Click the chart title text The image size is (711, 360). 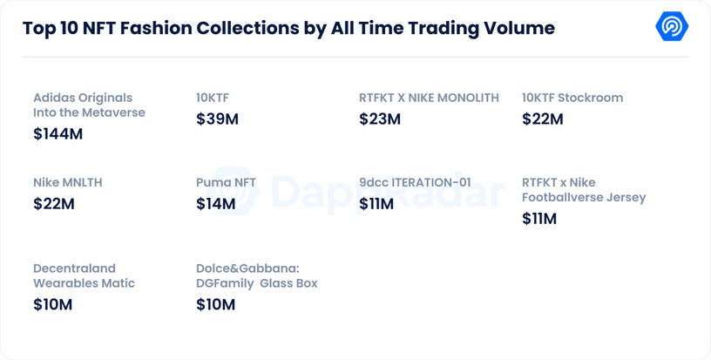point(288,28)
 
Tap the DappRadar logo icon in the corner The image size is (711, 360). point(672,27)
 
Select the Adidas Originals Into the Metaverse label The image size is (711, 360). point(89,105)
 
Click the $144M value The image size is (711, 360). point(58,133)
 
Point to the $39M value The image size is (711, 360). point(217,119)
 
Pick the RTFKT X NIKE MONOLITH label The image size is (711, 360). point(429,98)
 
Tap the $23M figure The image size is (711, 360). point(380,119)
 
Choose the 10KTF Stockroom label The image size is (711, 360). point(572,98)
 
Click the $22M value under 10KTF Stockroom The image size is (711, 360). point(542,119)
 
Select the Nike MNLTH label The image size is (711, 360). point(74,183)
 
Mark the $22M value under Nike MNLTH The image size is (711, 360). point(54,204)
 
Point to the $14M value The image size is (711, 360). point(216,204)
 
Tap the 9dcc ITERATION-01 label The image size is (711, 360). point(415,183)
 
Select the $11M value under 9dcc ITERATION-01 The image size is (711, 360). point(376,204)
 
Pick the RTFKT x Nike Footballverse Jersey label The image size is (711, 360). point(584,190)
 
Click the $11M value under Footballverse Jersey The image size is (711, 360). point(539,219)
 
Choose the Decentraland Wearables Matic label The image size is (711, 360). point(85,275)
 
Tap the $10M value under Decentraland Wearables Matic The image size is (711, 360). point(52,304)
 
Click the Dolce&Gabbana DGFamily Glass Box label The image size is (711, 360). point(257,275)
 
